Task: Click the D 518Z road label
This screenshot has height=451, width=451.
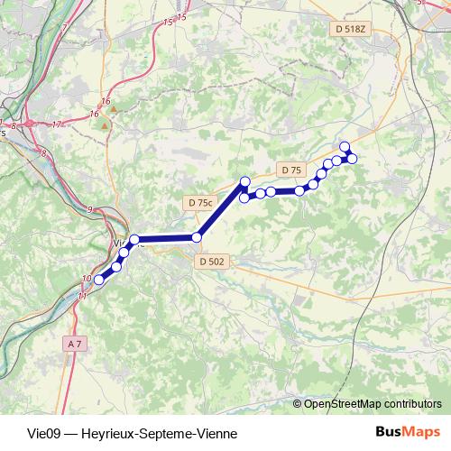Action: (x=352, y=29)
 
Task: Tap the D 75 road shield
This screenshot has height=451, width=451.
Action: (x=290, y=170)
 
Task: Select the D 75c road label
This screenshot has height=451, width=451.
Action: (x=198, y=203)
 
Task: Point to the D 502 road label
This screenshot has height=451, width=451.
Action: (x=210, y=262)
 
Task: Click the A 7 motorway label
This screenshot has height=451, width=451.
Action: (x=74, y=344)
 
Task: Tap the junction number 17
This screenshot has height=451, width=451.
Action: (x=58, y=124)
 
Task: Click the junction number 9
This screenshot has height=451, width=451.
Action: (x=89, y=209)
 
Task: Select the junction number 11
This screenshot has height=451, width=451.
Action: (x=82, y=295)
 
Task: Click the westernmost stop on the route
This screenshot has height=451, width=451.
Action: (x=99, y=280)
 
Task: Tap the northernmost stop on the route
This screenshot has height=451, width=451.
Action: (x=344, y=146)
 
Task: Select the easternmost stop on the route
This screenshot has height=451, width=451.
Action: (x=353, y=159)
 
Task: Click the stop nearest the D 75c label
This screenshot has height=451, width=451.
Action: (x=197, y=237)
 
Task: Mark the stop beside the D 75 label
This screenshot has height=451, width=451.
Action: (x=299, y=190)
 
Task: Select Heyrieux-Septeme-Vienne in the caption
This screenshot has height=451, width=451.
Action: (x=159, y=433)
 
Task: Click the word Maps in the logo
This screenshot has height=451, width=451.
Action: (x=421, y=432)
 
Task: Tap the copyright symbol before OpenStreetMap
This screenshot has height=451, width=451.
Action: (x=298, y=404)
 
